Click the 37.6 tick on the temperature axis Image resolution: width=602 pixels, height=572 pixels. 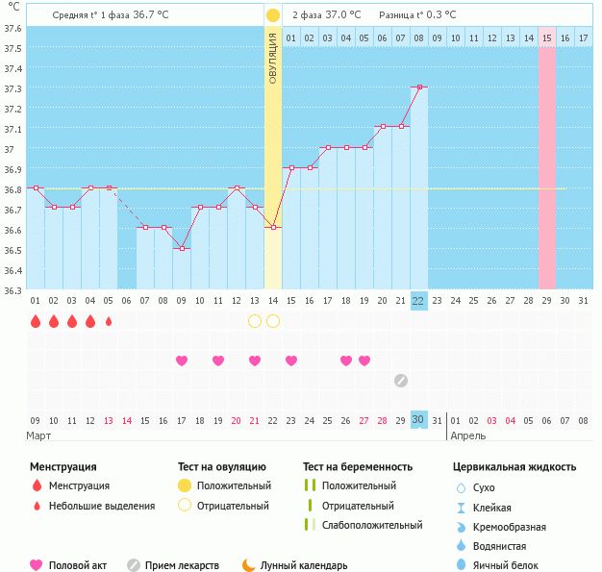(12, 28)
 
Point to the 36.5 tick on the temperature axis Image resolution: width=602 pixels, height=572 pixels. (12, 250)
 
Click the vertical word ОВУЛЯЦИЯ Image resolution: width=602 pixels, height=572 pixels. (273, 59)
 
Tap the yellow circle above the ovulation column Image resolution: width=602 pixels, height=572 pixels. (273, 15)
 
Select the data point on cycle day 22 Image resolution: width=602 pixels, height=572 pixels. (418, 87)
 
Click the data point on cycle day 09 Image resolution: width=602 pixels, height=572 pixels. (182, 248)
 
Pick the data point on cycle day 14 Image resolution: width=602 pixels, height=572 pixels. (273, 227)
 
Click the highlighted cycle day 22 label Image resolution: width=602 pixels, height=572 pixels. (418, 301)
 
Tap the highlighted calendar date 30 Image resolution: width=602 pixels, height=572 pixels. (418, 419)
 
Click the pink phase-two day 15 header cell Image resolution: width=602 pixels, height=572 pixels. (546, 37)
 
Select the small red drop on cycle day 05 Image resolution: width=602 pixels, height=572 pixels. (109, 321)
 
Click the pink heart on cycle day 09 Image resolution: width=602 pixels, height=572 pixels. (182, 361)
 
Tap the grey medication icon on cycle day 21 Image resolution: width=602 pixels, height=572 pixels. (401, 380)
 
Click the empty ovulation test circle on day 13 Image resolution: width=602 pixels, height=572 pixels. (255, 321)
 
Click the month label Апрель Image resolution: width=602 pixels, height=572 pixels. (470, 435)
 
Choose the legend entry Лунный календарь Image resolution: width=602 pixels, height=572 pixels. (303, 566)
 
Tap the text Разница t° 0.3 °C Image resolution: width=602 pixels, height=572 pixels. (417, 15)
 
